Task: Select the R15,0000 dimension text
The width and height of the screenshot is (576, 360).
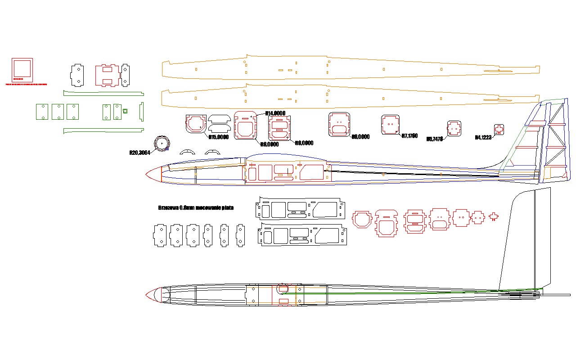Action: pos(219,137)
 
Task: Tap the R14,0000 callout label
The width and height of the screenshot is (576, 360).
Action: pos(275,113)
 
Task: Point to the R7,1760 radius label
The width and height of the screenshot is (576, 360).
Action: pos(409,135)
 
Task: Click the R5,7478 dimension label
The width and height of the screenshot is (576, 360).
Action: pos(435,139)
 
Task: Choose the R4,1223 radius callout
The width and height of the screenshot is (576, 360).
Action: pos(483,137)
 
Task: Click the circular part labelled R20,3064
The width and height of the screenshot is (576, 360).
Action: pos(162,143)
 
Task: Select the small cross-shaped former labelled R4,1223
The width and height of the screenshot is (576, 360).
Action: pos(499,130)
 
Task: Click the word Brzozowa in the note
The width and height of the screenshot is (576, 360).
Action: pos(168,207)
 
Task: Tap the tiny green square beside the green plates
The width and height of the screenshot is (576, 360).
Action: pos(126,111)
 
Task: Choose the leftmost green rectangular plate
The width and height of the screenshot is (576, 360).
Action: pos(42,112)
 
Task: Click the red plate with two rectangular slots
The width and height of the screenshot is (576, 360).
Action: pos(107,75)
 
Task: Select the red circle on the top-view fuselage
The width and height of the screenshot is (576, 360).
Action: pos(283,288)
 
